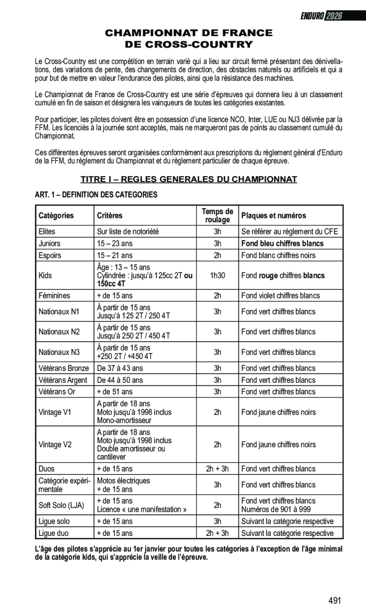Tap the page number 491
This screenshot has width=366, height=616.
click(x=334, y=601)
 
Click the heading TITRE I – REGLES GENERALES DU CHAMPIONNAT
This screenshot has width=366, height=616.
click(x=188, y=179)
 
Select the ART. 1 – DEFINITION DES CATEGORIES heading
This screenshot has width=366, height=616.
click(x=96, y=195)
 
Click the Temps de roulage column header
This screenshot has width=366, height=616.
click(x=217, y=216)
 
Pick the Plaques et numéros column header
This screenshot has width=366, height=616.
click(x=274, y=216)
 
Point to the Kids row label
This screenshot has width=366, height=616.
click(x=45, y=275)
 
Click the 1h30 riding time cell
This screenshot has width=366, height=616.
click(x=217, y=275)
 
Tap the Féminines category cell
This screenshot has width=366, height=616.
click(x=54, y=296)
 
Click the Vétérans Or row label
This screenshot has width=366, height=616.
click(x=57, y=392)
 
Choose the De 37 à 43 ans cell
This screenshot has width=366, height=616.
click(x=120, y=368)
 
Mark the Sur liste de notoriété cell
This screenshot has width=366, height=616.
click(x=128, y=232)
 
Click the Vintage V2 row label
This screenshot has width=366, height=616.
click(x=55, y=444)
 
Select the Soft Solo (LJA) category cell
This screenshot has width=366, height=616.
click(x=61, y=505)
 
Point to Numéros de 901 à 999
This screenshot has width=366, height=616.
click(x=276, y=509)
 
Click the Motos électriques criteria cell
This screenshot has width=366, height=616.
click(x=124, y=480)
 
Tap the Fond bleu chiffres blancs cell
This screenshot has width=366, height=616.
click(x=283, y=244)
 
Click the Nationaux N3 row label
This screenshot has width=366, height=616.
click(x=59, y=352)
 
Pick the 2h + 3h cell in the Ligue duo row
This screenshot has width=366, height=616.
click(x=217, y=533)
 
